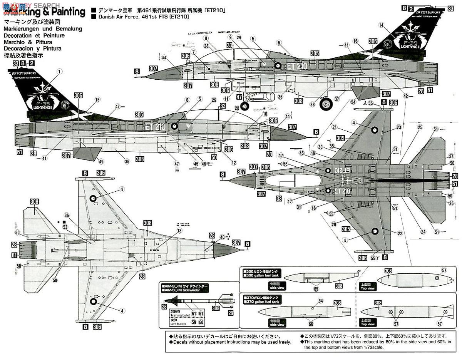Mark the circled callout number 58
pos(55,281)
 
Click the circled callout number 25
pos(420,127)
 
